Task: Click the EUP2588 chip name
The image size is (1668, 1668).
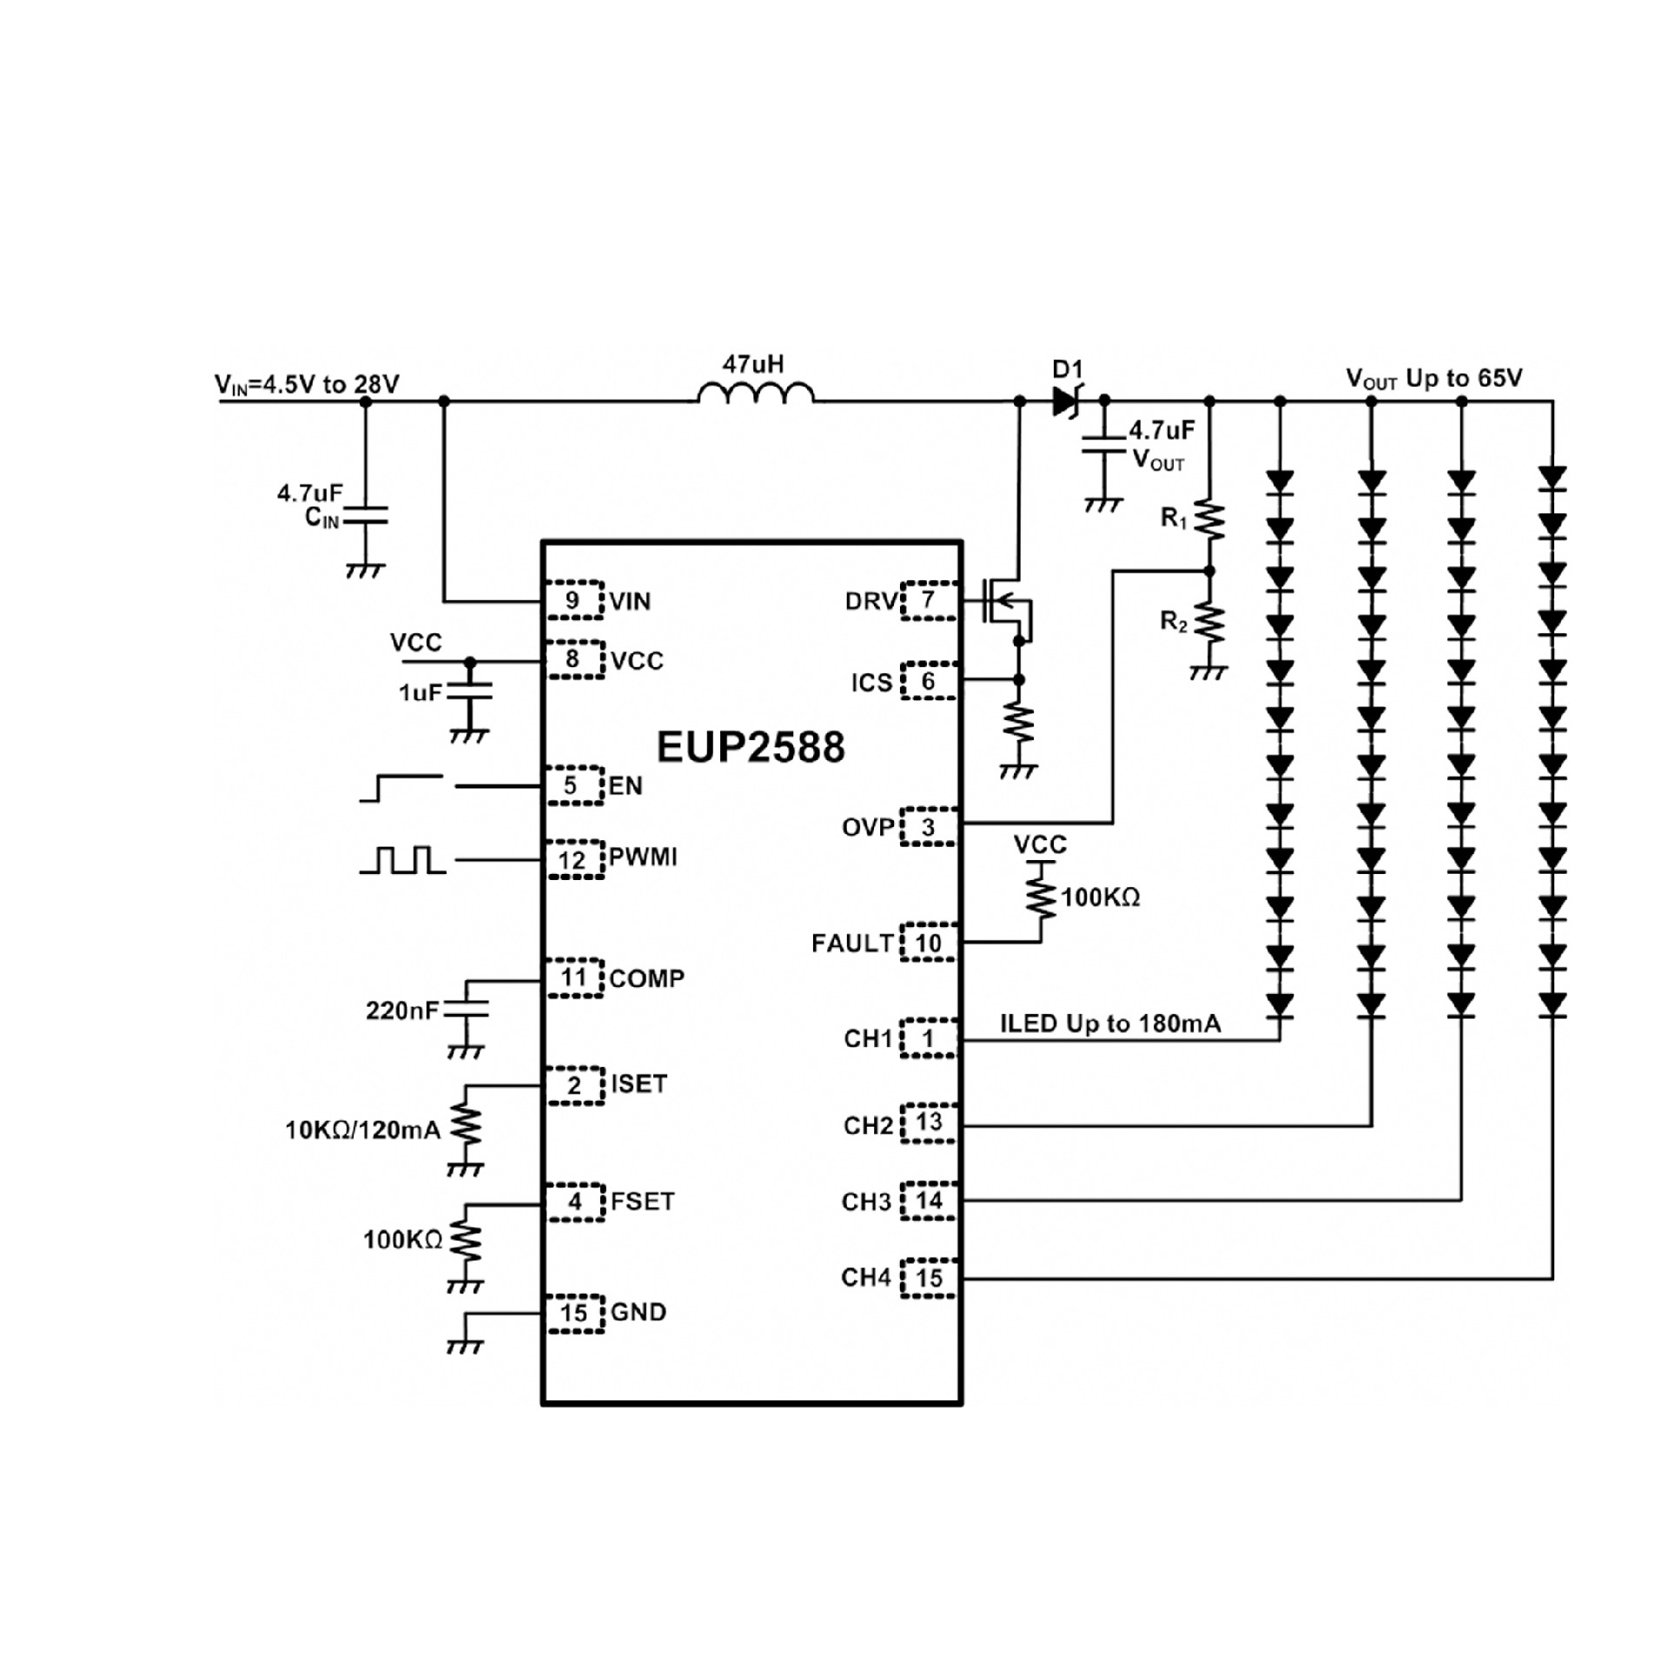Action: [x=750, y=748]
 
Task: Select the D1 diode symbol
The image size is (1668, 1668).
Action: [x=1065, y=400]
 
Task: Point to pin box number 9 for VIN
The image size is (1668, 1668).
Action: [x=573, y=600]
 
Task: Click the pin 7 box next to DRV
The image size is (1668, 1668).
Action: [x=928, y=600]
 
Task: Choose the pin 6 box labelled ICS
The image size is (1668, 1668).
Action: [x=928, y=681]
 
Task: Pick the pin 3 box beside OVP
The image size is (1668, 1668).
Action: [x=928, y=827]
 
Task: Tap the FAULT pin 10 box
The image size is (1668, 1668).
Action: [x=928, y=943]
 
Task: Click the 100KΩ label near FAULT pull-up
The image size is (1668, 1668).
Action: [x=1100, y=897]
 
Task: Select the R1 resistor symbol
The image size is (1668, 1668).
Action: [x=1209, y=521]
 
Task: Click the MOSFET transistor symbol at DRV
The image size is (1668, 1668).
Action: [x=1006, y=601]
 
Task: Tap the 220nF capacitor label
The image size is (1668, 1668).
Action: [x=402, y=1010]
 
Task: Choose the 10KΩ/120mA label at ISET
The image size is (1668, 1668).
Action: [x=363, y=1130]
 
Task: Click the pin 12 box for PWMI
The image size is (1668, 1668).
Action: [x=573, y=860]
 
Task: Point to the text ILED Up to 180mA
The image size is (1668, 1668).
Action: [x=1110, y=1023]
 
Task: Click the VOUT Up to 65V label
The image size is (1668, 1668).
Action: [x=1433, y=379]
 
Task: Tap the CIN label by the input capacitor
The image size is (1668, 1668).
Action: [x=321, y=518]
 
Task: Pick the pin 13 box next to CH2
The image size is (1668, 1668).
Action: [x=928, y=1122]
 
